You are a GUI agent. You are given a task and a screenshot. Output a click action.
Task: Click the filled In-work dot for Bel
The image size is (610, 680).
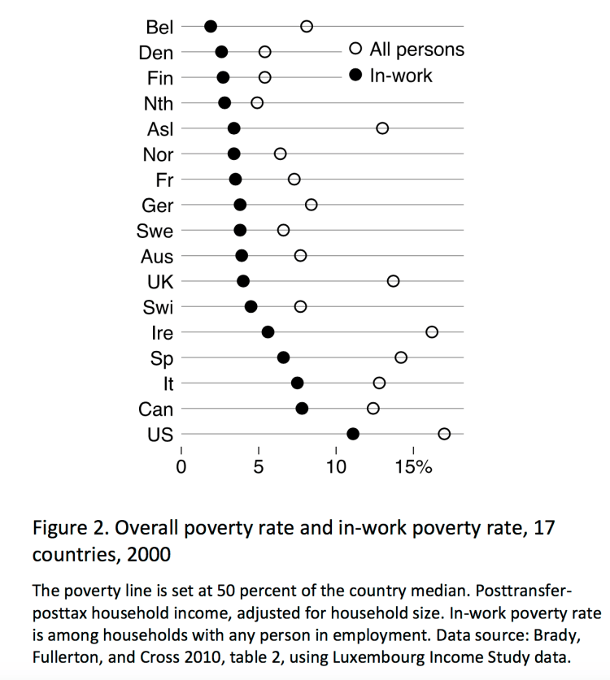(x=211, y=26)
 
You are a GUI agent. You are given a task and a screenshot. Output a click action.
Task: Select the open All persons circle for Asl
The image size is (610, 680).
(x=382, y=128)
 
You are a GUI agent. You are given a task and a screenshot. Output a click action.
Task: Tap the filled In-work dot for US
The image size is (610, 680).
(x=353, y=434)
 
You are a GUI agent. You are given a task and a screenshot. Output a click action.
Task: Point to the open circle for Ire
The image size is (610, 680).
(x=432, y=331)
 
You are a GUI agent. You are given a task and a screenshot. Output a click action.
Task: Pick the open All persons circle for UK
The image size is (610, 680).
(x=394, y=281)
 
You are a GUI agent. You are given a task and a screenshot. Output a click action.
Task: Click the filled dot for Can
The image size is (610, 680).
(x=302, y=408)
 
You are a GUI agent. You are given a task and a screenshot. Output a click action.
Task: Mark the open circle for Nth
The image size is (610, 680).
(x=257, y=102)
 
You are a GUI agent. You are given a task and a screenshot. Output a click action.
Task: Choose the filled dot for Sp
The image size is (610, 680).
(x=283, y=357)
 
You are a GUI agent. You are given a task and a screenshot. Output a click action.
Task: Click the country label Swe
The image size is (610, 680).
(x=155, y=231)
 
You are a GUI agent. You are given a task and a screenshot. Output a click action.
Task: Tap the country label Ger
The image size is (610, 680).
(x=157, y=206)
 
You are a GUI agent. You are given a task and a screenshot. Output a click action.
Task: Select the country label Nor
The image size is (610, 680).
(x=157, y=154)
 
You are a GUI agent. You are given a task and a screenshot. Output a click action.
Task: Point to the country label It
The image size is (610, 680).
(x=168, y=383)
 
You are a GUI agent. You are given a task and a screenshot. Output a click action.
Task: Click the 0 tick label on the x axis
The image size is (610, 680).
(x=181, y=468)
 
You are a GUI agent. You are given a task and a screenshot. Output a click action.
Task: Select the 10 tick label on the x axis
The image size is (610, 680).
(x=336, y=468)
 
